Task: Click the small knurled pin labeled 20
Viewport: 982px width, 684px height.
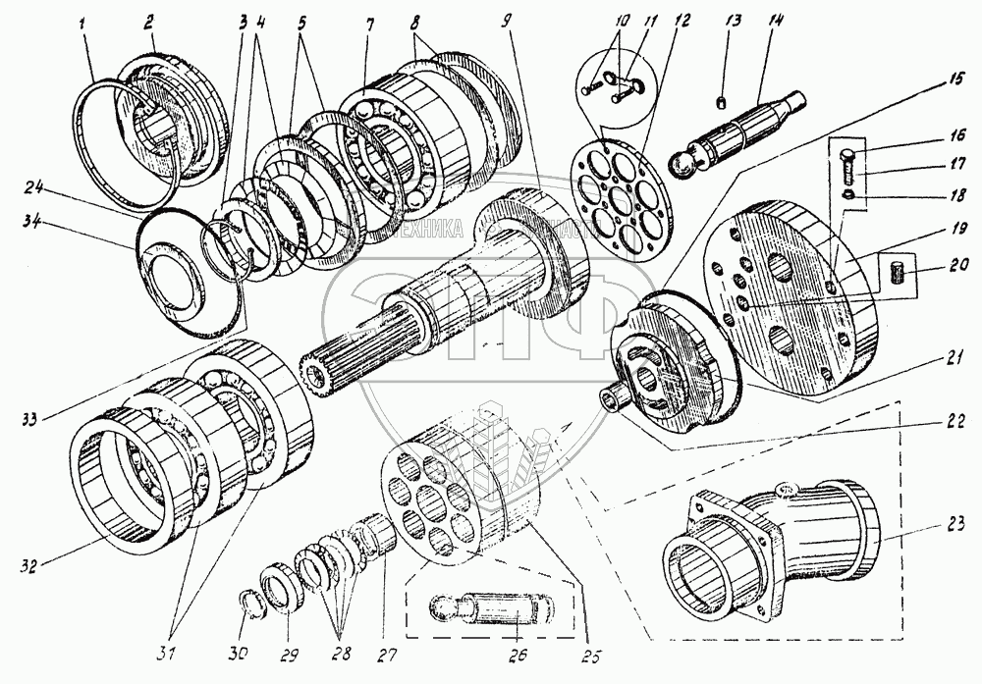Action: [895, 270]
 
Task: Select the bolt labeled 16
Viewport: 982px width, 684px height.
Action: [850, 165]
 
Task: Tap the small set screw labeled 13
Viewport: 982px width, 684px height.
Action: [721, 105]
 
